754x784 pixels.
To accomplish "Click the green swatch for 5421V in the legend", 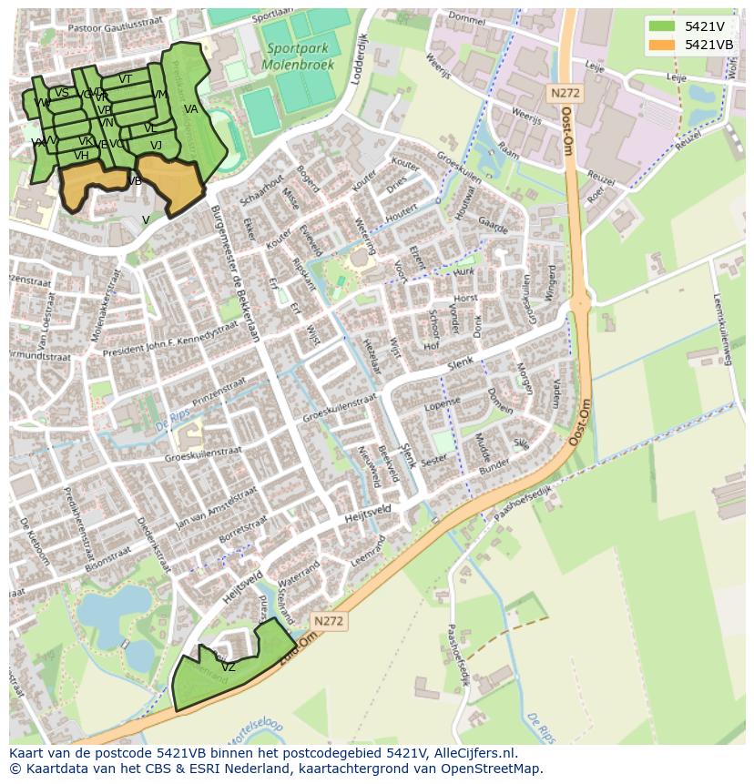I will point(661,25).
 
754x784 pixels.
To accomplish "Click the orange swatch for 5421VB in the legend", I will point(661,44).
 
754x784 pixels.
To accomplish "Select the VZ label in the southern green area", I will point(229,667).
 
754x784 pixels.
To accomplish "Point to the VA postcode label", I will point(190,109).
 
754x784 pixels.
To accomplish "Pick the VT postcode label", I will point(126,79).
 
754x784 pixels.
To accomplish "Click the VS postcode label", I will point(62,92).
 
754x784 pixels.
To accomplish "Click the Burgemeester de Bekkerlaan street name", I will point(236,272).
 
